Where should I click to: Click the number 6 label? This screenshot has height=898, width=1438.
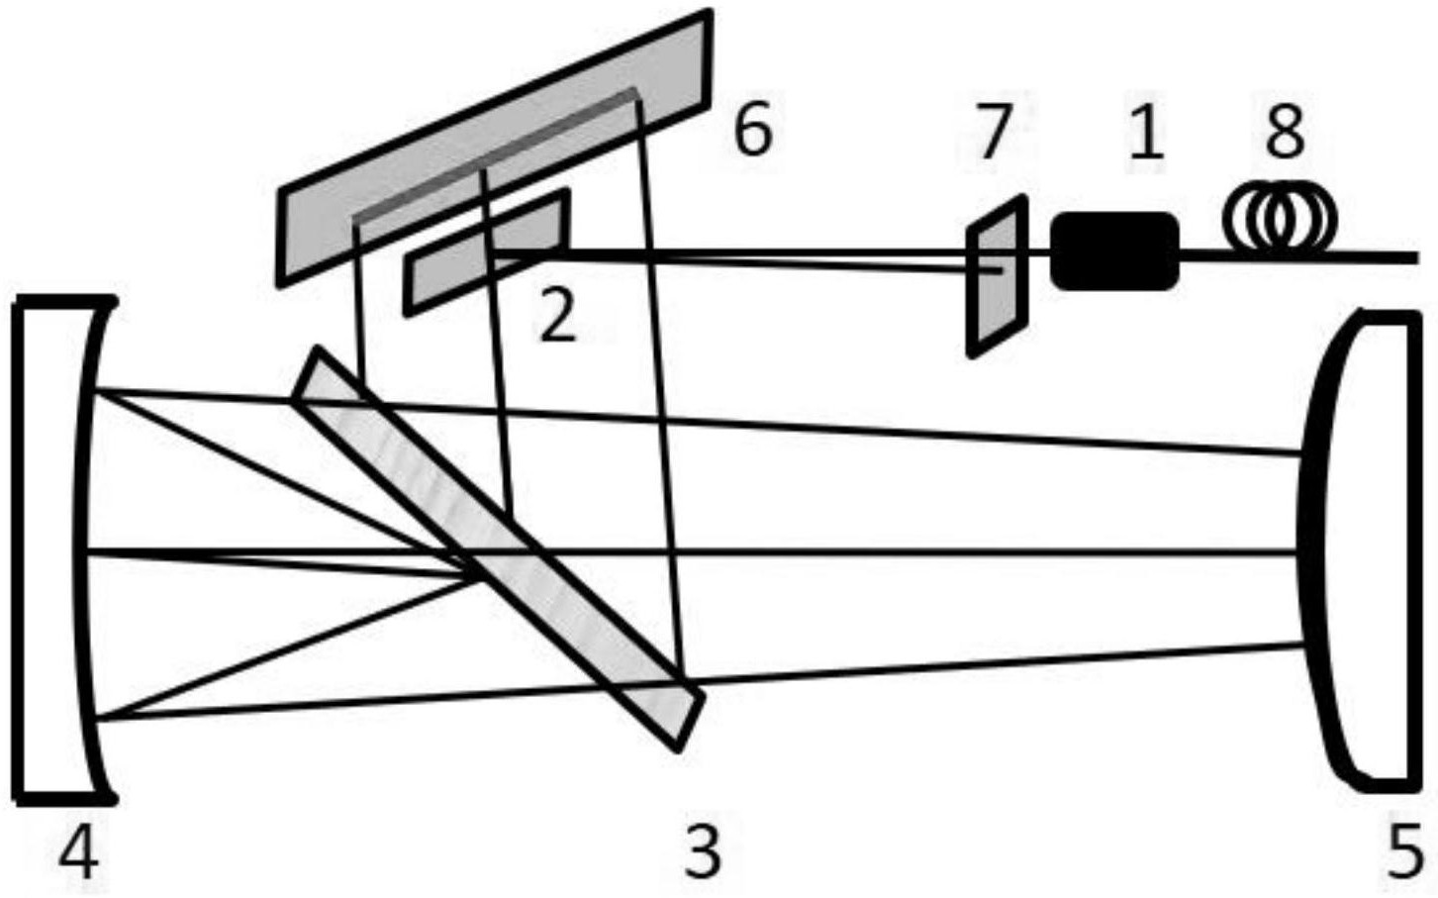click(752, 131)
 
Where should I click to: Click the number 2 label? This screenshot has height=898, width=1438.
click(557, 319)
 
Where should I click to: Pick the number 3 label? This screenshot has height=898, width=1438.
click(703, 851)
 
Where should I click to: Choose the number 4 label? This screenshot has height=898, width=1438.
click(78, 851)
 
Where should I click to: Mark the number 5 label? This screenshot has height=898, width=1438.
click(1403, 851)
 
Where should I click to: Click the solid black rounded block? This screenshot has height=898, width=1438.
click(1114, 251)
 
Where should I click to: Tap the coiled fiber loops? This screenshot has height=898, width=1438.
click(1280, 218)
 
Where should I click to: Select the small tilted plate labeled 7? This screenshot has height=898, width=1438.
click(997, 276)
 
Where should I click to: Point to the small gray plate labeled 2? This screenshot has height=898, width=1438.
click(487, 253)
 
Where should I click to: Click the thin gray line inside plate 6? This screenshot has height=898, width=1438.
click(495, 154)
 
